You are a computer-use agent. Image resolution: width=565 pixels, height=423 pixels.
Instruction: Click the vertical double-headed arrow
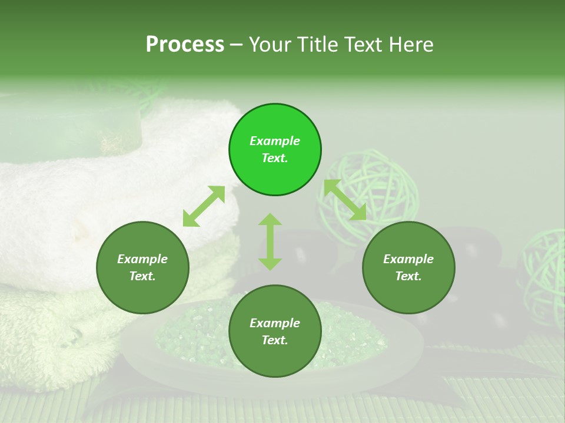[270, 241]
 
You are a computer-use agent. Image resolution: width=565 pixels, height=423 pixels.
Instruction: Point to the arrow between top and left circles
[204, 206]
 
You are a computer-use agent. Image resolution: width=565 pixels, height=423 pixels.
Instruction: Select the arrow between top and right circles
[345, 200]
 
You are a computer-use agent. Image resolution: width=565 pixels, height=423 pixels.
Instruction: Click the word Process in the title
[185, 45]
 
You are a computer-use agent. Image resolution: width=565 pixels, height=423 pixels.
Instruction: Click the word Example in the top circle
[275, 141]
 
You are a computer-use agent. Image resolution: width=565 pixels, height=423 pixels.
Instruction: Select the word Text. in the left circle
[142, 276]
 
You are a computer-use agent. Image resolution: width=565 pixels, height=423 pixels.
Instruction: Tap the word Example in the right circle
[408, 259]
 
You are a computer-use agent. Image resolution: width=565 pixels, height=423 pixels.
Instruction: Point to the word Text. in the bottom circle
[275, 340]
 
